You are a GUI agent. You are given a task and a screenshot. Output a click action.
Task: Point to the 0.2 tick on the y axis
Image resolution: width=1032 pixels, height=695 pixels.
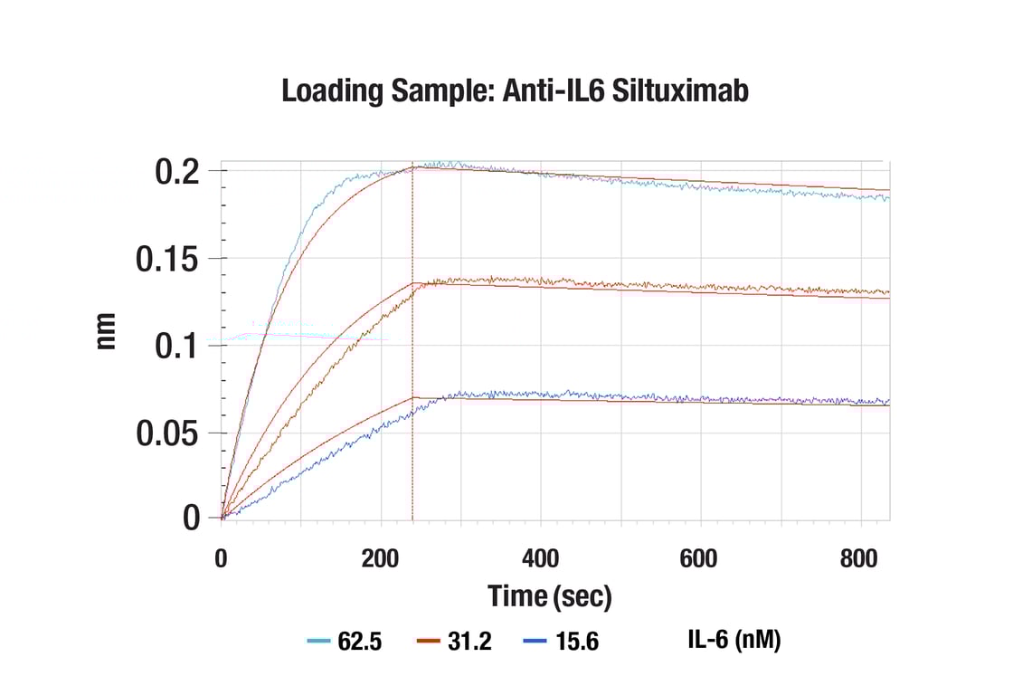(x=177, y=172)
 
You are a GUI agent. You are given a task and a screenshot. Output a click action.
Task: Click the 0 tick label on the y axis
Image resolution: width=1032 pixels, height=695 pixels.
(x=191, y=519)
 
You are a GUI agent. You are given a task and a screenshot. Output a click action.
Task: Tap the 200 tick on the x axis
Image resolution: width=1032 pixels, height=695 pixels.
(x=381, y=558)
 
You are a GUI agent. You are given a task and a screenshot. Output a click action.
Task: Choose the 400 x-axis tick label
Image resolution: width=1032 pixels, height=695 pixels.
(x=541, y=558)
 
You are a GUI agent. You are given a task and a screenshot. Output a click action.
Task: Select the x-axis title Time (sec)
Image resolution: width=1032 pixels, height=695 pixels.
(x=550, y=596)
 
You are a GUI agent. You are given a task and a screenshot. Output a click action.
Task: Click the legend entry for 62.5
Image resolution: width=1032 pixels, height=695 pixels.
(x=345, y=642)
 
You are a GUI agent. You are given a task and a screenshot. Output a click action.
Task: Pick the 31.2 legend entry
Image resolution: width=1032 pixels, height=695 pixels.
(x=454, y=642)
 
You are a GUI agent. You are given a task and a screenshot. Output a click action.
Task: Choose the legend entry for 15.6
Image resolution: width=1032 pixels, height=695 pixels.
(x=561, y=642)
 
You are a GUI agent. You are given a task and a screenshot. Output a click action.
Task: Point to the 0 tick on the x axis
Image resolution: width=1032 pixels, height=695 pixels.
(x=221, y=558)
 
